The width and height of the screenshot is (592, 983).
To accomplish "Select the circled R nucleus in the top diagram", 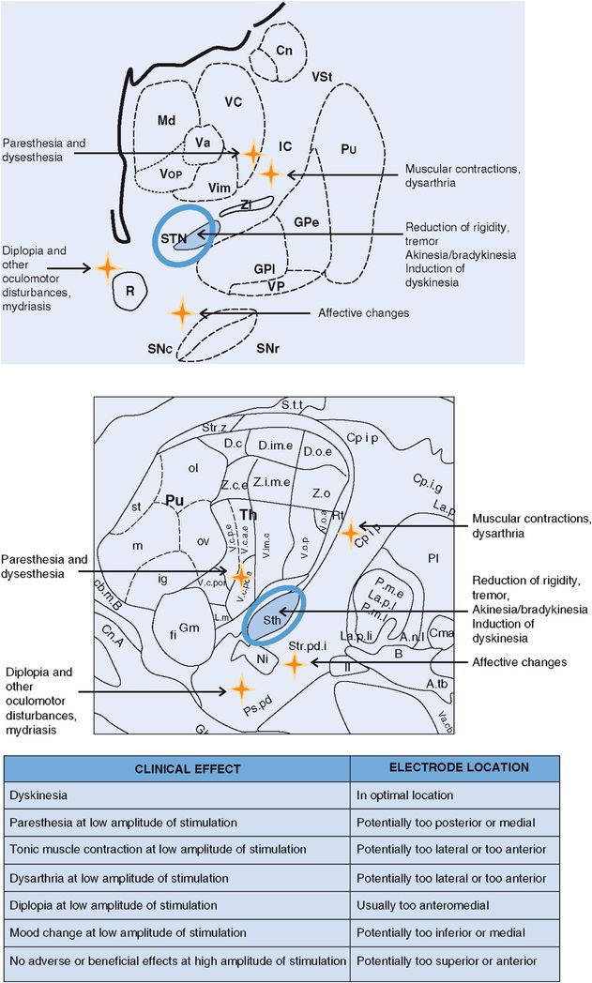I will pos(130,292).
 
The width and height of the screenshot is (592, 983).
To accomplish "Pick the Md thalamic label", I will pos(166,120).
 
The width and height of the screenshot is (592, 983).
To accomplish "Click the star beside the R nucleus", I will pos(107,267).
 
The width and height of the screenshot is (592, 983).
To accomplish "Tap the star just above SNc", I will pos(182,311).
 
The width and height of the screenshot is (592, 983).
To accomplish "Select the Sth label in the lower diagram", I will pos(272,620).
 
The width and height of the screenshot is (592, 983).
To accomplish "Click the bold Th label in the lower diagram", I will pos(248,515).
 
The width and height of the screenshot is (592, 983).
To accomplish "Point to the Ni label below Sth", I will pos(262,660).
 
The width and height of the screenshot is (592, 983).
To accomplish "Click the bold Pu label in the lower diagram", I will pos(174,501).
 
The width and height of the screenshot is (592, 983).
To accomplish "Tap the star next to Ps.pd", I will pos(242,690).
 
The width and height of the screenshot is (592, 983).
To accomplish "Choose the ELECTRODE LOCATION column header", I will pos(458,767).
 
